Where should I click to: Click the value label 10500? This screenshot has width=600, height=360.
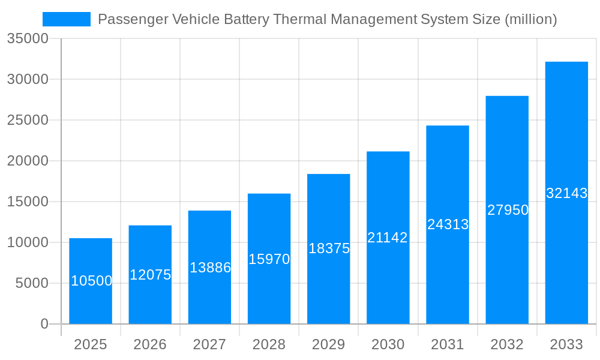[92, 281]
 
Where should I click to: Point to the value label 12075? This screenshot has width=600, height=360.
[151, 275]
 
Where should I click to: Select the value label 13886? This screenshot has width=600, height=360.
[210, 268]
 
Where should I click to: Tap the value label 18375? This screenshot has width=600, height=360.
[329, 248]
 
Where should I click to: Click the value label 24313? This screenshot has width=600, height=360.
[448, 224]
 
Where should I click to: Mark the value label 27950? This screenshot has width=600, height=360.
[508, 210]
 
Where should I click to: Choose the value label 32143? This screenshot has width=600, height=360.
[566, 193]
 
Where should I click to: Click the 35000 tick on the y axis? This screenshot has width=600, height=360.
[28, 39]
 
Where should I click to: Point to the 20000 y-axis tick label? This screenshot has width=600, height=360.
[28, 161]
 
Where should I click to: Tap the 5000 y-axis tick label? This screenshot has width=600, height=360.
[32, 283]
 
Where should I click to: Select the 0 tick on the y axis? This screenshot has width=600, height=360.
[44, 324]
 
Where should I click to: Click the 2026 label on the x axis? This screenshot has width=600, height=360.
[150, 344]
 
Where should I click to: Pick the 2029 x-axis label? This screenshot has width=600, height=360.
[328, 344]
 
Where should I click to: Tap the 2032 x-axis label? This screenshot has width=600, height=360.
[507, 344]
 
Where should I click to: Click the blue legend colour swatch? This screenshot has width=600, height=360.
[67, 19]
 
